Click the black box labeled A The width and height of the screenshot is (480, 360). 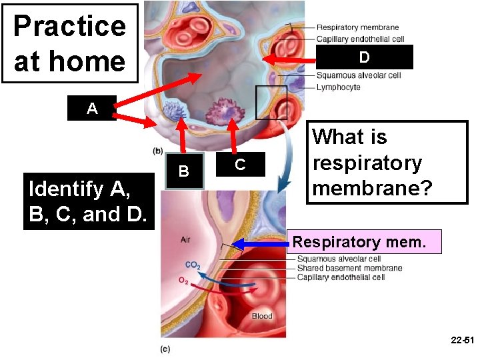pyautogui.click(x=92, y=108)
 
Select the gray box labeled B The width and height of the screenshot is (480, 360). pyautogui.click(x=184, y=171)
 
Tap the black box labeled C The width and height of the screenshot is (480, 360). pyautogui.click(x=240, y=164)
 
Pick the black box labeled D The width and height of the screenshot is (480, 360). pyautogui.click(x=364, y=57)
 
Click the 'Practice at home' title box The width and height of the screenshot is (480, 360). pyautogui.click(x=69, y=43)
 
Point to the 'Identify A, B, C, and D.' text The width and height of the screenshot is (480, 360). pyautogui.click(x=88, y=202)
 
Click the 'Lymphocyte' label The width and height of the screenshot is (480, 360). pyautogui.click(x=339, y=87)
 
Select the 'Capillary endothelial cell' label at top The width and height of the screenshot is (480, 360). pyautogui.click(x=360, y=39)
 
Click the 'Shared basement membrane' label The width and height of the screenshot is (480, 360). pyautogui.click(x=349, y=268)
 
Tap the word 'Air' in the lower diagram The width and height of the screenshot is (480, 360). pyautogui.click(x=186, y=239)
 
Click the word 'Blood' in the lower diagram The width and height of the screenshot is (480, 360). pyautogui.click(x=262, y=316)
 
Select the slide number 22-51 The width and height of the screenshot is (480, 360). pyautogui.click(x=460, y=341)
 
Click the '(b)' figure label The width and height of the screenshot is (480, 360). pyautogui.click(x=159, y=151)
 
